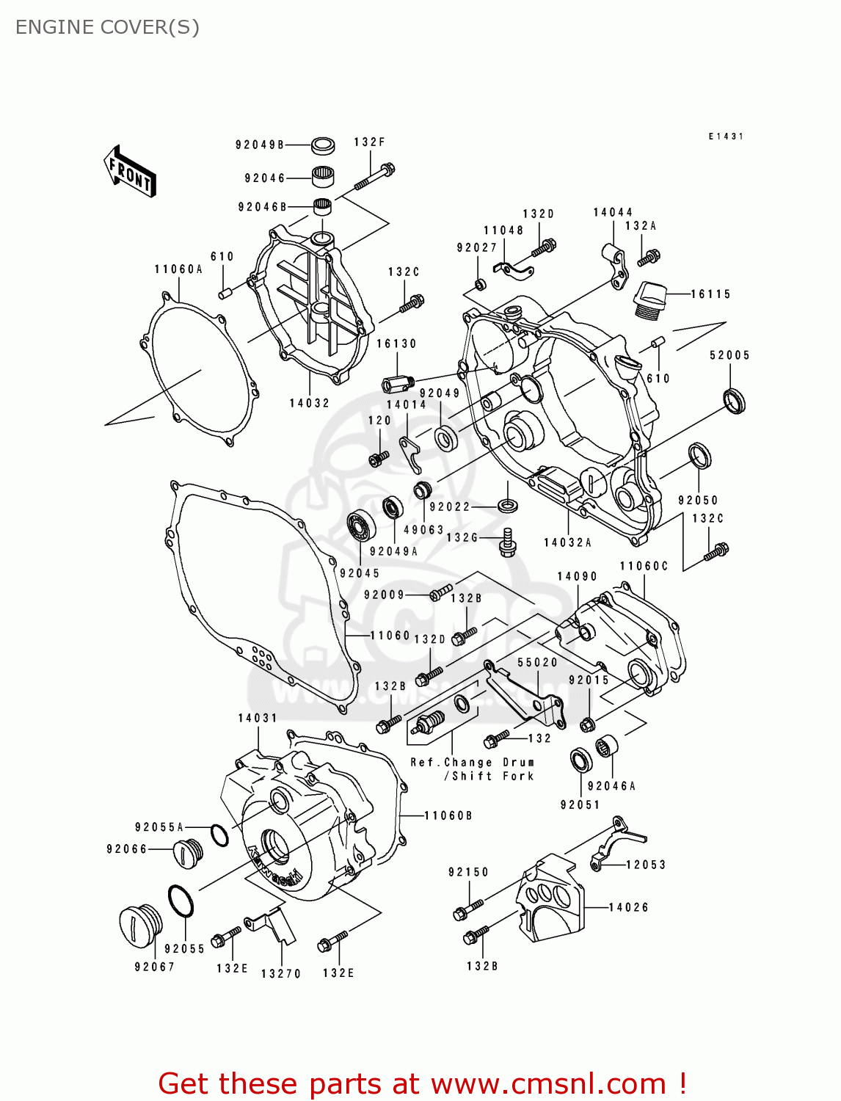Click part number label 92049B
(x=260, y=145)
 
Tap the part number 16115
(x=710, y=294)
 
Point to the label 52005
(x=729, y=355)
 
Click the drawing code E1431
(x=726, y=137)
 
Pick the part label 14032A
(x=567, y=542)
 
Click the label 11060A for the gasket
(x=178, y=269)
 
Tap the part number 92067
(x=155, y=967)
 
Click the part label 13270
(x=281, y=973)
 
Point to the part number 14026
(x=629, y=907)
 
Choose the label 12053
(x=646, y=865)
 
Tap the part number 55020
(x=537, y=662)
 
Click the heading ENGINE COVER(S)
(x=107, y=27)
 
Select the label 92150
(x=468, y=872)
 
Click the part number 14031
(x=258, y=718)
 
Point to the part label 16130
(x=396, y=344)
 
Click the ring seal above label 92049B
(x=323, y=145)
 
